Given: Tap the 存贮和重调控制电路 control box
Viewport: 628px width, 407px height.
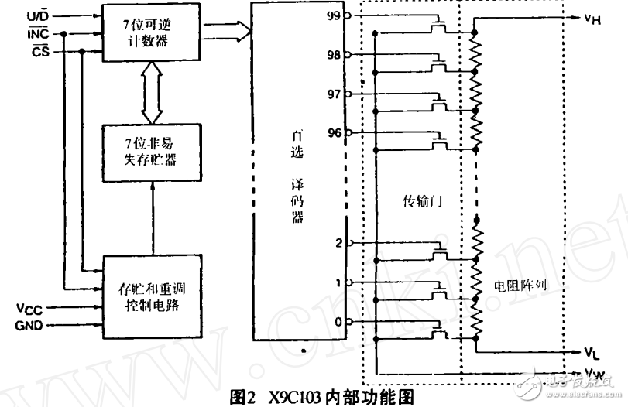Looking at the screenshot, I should pyautogui.click(x=154, y=295).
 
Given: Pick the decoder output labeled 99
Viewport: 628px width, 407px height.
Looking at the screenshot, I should pyautogui.click(x=334, y=15).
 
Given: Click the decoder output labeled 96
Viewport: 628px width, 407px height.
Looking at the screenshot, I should pyautogui.click(x=334, y=132).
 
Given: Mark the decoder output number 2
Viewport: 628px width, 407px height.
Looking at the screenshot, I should pyautogui.click(x=338, y=242).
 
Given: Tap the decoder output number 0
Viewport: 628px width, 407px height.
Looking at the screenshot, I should pyautogui.click(x=338, y=322).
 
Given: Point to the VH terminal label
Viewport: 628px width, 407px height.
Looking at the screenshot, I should pyautogui.click(x=593, y=18).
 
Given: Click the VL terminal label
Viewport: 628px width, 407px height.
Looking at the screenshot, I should pyautogui.click(x=592, y=353).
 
